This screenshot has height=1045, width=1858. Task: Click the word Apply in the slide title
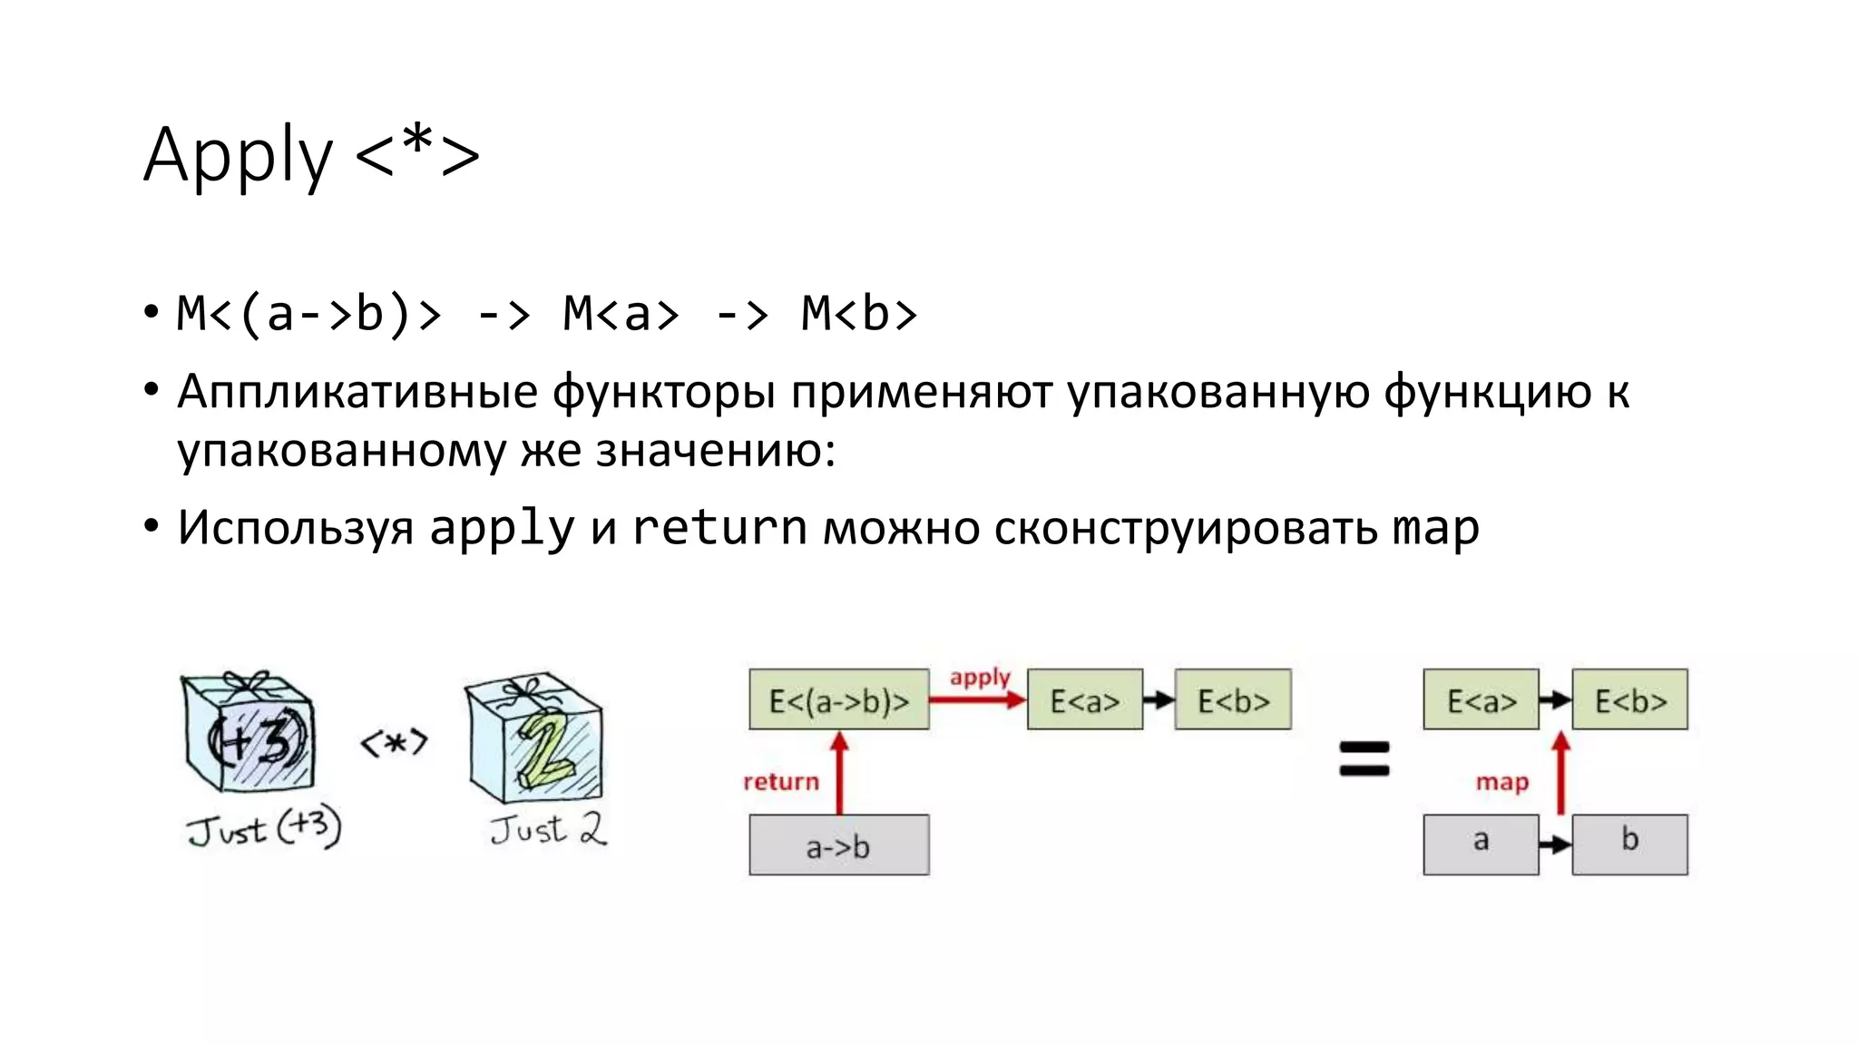click(x=238, y=155)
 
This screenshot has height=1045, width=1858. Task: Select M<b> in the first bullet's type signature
click(x=859, y=314)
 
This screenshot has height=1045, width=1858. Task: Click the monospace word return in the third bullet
click(x=719, y=528)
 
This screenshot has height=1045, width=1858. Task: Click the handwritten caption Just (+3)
click(x=264, y=828)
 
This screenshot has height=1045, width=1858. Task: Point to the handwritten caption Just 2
click(x=548, y=829)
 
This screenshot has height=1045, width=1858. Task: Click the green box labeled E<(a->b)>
click(x=839, y=699)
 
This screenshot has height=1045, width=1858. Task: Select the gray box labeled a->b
click(x=839, y=845)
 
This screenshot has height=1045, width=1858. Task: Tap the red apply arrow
click(x=977, y=699)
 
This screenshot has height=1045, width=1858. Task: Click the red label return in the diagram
click(x=780, y=781)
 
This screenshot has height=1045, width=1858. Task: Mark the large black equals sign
click(x=1364, y=758)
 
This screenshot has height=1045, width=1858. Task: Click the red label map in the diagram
click(x=1501, y=781)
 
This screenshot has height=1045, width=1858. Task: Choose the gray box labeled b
click(x=1629, y=844)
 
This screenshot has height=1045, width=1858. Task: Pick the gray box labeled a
click(x=1481, y=844)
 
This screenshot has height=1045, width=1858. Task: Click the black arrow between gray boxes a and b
click(x=1555, y=845)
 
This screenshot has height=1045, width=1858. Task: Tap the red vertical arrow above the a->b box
click(x=839, y=773)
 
